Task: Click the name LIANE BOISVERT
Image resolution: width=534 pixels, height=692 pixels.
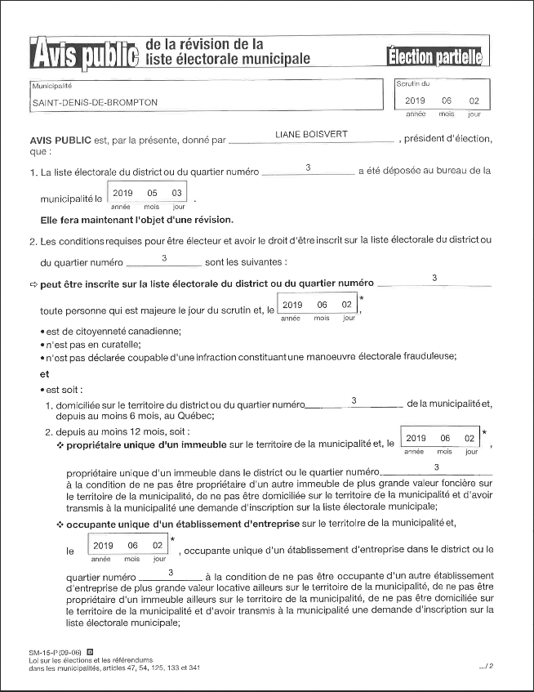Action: (312, 133)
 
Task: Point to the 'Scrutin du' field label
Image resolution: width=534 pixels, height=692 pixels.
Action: (412, 84)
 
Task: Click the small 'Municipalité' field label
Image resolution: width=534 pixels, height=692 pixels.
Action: (51, 86)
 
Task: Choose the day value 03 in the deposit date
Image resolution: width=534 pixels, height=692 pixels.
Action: (176, 193)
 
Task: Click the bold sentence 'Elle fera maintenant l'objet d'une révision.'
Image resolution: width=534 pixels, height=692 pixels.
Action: (137, 220)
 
